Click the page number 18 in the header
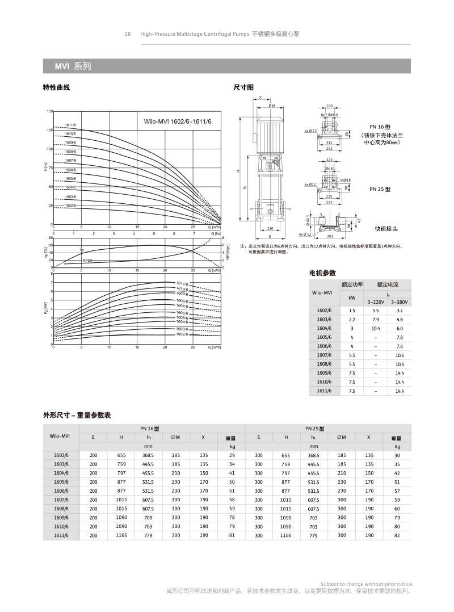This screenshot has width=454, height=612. pyautogui.click(x=128, y=34)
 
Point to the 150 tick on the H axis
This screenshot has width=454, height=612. pyautogui.click(x=49, y=111)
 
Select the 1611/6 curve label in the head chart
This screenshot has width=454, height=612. pyautogui.click(x=70, y=125)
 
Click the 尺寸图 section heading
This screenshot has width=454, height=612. pyautogui.click(x=243, y=87)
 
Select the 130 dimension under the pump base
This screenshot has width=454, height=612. pyautogui.click(x=270, y=229)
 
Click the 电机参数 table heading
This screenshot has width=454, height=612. pyautogui.click(x=322, y=273)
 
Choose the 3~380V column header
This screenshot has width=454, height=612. pyautogui.click(x=400, y=302)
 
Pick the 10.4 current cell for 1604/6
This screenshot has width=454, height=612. pyautogui.click(x=375, y=329)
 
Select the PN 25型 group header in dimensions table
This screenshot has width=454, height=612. pyautogui.click(x=314, y=429)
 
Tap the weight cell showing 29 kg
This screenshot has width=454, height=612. pyautogui.click(x=232, y=455)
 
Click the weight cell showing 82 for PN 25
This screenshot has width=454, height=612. pyautogui.click(x=397, y=535)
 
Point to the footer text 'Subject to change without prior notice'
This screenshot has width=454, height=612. pyautogui.click(x=367, y=584)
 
